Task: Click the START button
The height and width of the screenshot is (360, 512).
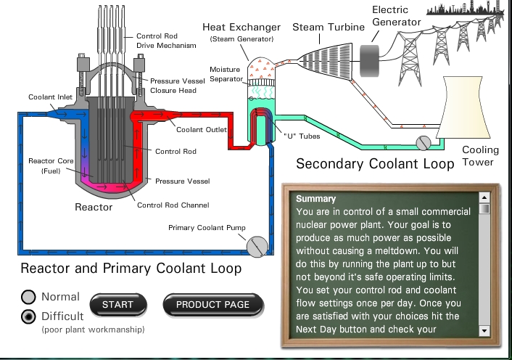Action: tap(117, 305)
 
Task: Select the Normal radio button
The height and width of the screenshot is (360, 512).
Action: tap(29, 297)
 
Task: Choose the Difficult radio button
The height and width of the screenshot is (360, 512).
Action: tap(29, 316)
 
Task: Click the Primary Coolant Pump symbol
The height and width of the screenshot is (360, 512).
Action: tap(256, 246)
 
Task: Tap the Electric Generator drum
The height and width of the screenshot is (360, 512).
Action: tap(373, 56)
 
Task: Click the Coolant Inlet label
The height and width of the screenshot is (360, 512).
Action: tap(49, 97)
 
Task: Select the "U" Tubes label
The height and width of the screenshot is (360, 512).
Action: tap(298, 136)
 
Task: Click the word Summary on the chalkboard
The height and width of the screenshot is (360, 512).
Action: tap(316, 198)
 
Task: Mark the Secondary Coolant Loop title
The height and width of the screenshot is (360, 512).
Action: tap(375, 164)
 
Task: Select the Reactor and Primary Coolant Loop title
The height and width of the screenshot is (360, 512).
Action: tap(131, 269)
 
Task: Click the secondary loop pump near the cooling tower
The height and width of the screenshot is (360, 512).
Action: tap(422, 142)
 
